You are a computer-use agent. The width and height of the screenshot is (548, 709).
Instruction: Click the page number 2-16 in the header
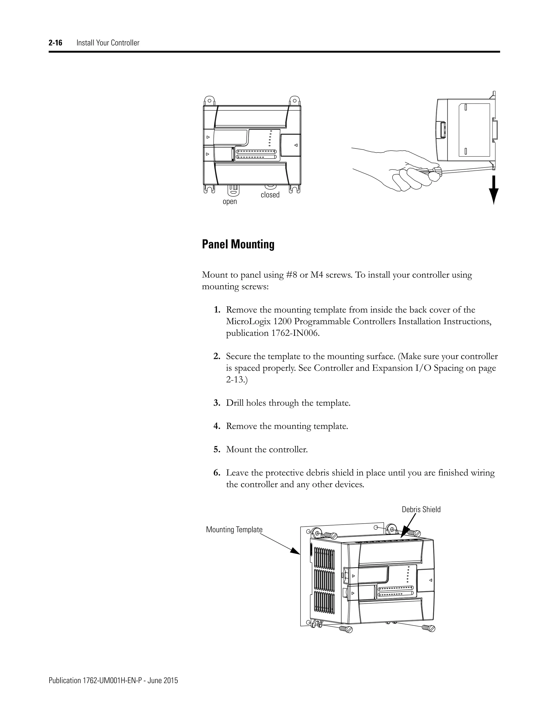point(55,43)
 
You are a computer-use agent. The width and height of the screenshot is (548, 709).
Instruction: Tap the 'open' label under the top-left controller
point(230,202)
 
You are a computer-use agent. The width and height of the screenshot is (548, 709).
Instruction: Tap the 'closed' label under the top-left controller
point(270,195)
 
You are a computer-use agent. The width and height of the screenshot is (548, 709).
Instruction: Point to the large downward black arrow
point(493,190)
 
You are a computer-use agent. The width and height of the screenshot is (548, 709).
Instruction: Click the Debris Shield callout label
point(421,509)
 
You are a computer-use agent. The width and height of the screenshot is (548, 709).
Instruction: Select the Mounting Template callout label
point(234,529)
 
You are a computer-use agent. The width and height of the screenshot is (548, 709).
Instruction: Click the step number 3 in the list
point(216,403)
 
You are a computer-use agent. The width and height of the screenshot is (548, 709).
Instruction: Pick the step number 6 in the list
point(216,473)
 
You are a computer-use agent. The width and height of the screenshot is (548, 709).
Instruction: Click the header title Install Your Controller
point(108,43)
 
